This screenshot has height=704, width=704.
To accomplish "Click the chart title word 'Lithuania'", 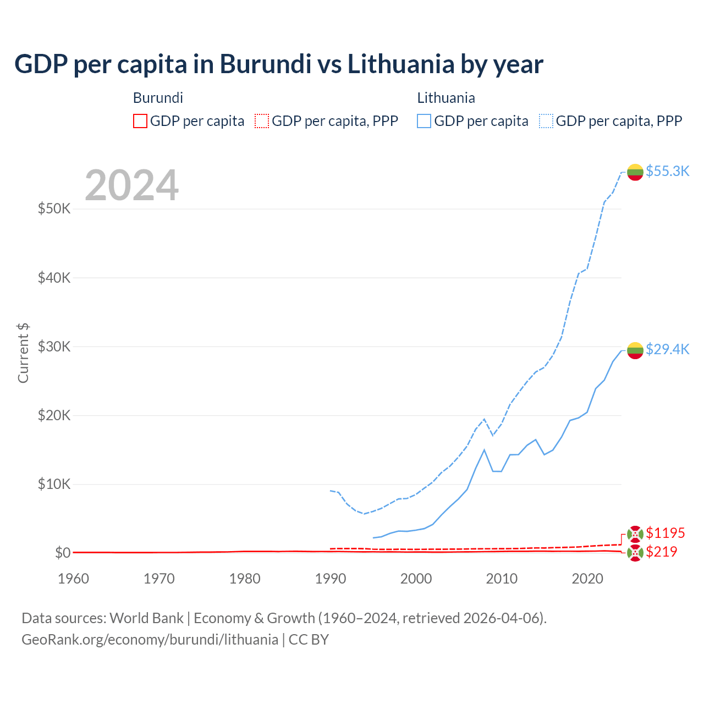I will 401,64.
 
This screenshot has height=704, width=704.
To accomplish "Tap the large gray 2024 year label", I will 131,185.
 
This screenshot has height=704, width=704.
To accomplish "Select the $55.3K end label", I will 667,171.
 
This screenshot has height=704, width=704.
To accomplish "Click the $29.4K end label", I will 667,349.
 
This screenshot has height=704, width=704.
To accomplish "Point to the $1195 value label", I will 665,533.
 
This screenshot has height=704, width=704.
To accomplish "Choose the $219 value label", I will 661,552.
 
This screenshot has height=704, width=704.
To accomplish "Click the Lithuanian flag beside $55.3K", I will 635,172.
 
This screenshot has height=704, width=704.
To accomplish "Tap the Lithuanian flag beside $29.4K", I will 635,350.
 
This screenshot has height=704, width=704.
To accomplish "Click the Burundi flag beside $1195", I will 635,533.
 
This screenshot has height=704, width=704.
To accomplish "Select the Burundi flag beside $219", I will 635,553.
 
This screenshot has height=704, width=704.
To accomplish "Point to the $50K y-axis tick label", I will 54,209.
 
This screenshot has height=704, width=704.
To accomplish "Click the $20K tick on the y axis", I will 54,415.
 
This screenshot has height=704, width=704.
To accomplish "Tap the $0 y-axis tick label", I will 63,553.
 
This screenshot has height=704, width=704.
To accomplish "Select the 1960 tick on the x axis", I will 73,579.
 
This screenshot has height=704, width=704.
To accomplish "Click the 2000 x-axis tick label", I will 416,579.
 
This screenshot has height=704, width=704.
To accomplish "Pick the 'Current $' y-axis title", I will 23,353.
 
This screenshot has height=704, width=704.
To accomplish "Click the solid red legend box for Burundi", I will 140,121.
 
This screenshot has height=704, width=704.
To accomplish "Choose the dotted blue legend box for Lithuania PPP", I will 546,121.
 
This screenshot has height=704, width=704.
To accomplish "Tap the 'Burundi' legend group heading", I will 158,98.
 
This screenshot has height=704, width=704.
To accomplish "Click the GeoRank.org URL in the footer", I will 150,640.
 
